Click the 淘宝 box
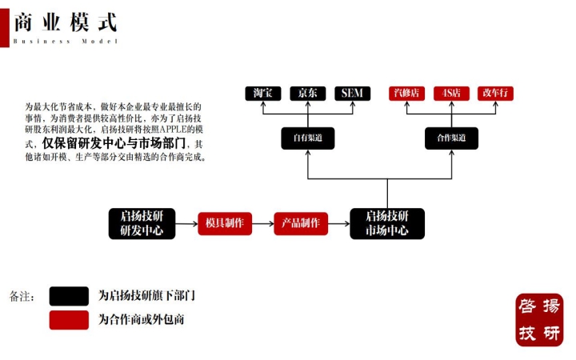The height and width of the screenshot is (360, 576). click(x=263, y=93)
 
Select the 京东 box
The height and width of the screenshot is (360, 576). click(x=307, y=93)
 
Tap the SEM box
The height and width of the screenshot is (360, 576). click(x=352, y=93)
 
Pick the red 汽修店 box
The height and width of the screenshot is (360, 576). click(x=406, y=93)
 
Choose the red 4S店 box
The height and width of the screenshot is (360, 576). click(x=450, y=93)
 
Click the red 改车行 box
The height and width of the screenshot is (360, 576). click(x=495, y=93)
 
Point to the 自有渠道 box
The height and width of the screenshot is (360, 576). click(x=307, y=138)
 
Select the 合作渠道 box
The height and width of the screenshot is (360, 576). click(x=451, y=138)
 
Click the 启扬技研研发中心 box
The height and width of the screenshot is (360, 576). click(x=141, y=223)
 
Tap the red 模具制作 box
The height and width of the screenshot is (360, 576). click(x=225, y=223)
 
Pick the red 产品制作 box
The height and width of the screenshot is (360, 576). click(x=301, y=223)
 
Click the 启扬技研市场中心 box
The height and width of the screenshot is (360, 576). click(x=387, y=223)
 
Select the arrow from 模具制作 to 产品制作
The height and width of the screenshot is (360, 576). click(x=262, y=223)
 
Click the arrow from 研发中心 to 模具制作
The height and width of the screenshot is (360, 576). click(x=186, y=223)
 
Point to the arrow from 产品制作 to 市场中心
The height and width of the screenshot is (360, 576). click(x=339, y=223)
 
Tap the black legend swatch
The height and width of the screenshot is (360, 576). click(x=69, y=296)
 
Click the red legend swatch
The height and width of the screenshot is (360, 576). click(x=69, y=320)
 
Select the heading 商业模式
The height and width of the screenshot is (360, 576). click(x=65, y=22)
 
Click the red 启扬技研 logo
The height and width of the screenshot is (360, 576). click(x=539, y=319)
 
